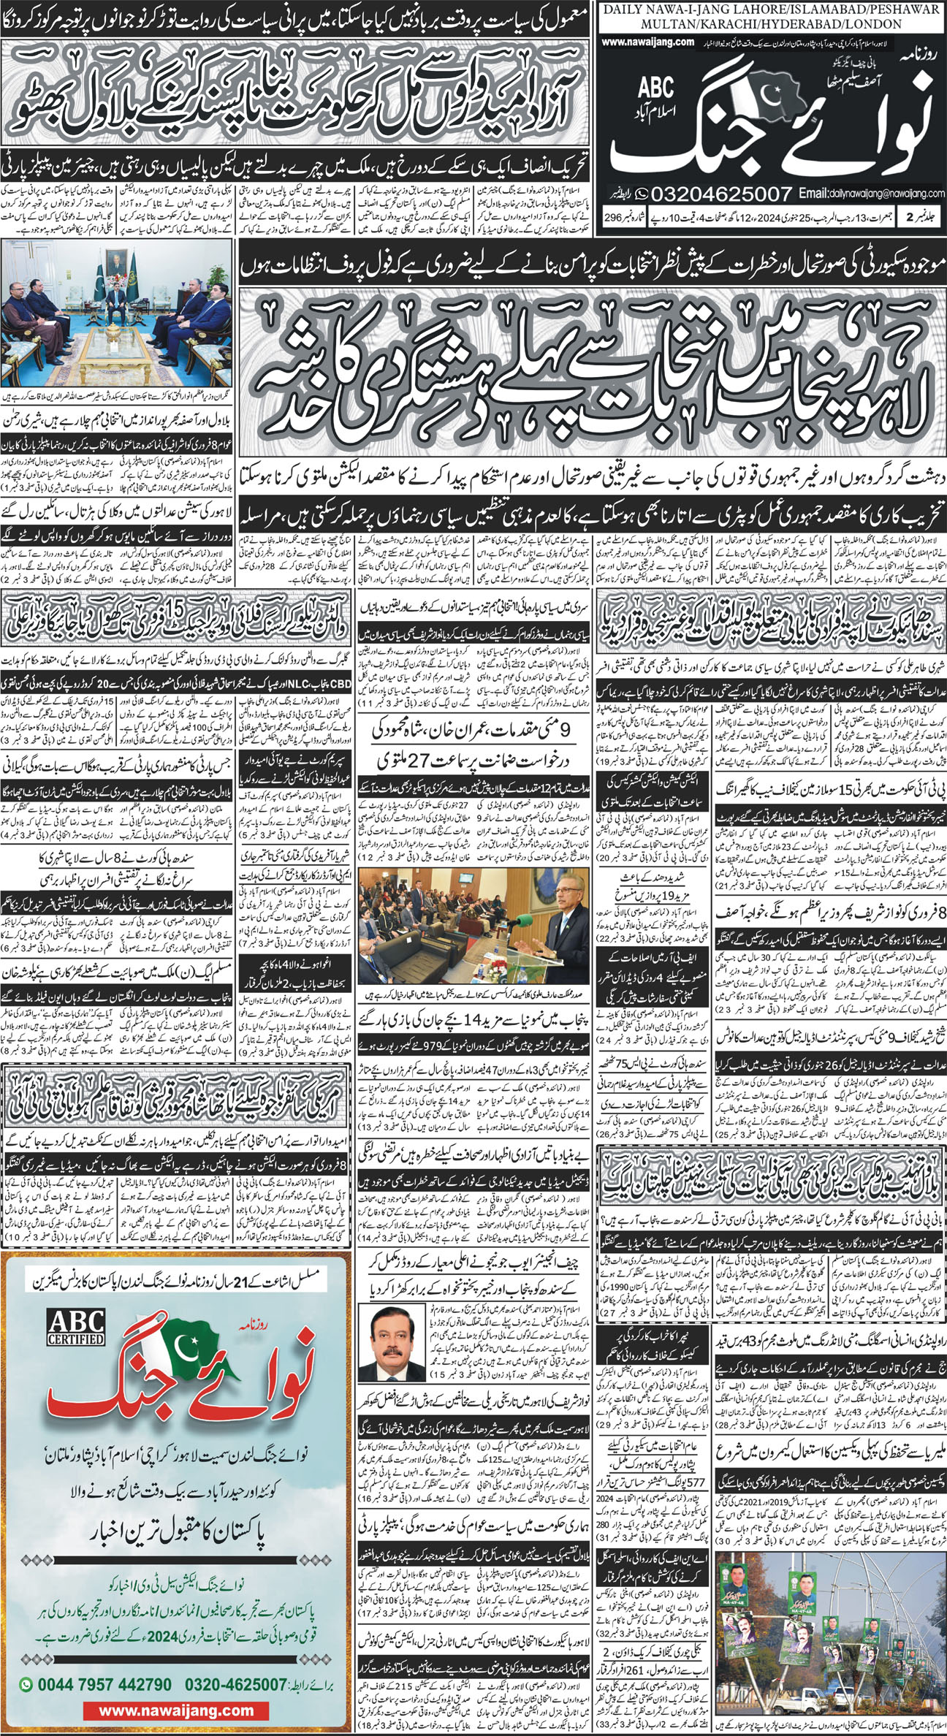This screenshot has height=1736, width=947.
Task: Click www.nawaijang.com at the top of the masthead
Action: click(x=649, y=42)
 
